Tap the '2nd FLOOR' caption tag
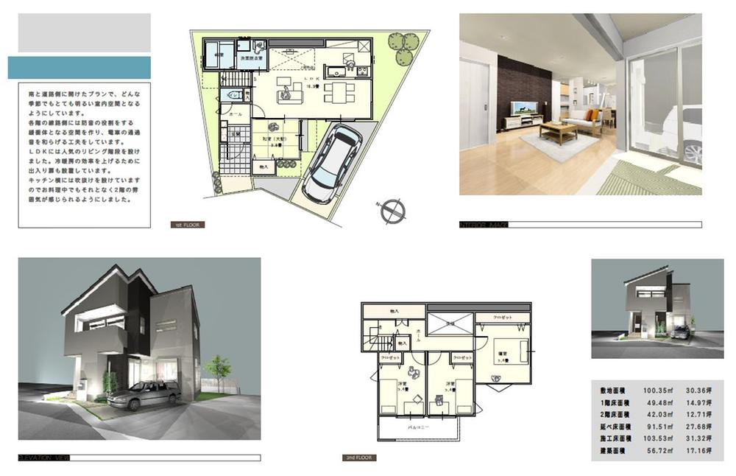361,458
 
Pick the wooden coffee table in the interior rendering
558,131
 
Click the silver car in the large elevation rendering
144,396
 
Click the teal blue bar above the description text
79,68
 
